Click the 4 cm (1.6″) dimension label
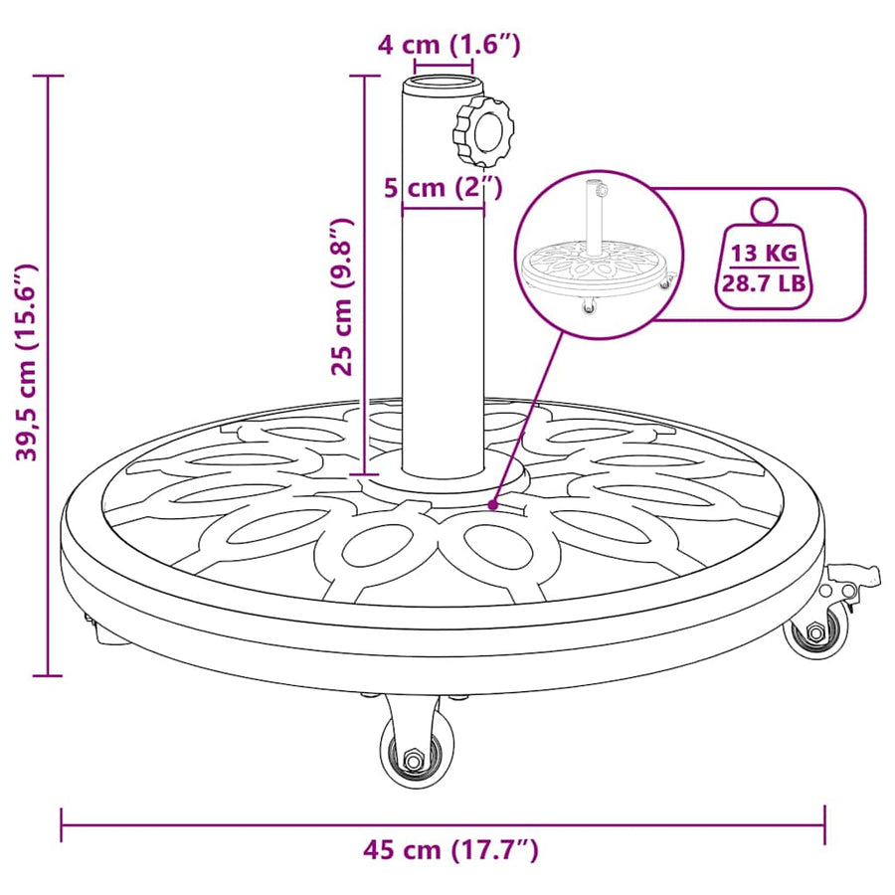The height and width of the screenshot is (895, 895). tap(449, 45)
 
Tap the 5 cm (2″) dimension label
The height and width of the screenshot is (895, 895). tap(443, 187)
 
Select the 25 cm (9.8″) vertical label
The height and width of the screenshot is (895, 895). tap(343, 296)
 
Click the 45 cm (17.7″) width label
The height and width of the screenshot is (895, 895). tap(450, 850)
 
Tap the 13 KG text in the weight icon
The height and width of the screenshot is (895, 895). tap(765, 253)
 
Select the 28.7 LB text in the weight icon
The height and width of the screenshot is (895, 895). tap(765, 282)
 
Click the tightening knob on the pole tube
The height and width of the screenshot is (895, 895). tap(483, 132)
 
